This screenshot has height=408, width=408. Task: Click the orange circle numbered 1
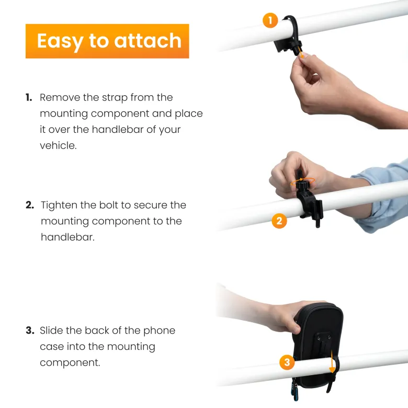[270, 20]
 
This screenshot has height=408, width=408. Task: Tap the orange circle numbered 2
[279, 221]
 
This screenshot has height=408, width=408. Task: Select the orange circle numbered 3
[287, 362]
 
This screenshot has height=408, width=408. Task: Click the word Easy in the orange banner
[60, 42]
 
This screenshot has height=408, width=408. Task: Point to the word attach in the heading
[148, 41]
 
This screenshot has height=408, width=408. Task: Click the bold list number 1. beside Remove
[29, 98]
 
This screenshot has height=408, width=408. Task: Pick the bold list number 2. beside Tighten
[30, 205]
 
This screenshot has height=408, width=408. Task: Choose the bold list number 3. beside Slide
[30, 331]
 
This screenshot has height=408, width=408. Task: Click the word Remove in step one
[60, 98]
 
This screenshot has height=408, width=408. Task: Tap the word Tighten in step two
[59, 205]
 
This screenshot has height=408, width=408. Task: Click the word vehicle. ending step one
[58, 145]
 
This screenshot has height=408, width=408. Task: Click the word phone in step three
[159, 331]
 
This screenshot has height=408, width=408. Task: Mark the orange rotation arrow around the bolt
[303, 182]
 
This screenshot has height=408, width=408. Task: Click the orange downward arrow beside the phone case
[332, 361]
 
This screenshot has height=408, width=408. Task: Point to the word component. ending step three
[70, 363]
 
